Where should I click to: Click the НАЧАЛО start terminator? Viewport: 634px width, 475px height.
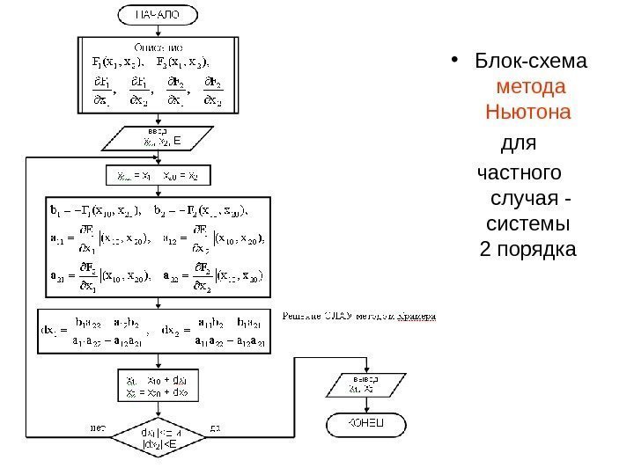click(x=158, y=15)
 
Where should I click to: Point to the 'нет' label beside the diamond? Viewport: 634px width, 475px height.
click(x=98, y=428)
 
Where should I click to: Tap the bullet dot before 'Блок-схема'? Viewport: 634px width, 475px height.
click(x=454, y=62)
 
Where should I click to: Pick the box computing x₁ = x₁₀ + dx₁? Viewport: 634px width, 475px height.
click(x=159, y=385)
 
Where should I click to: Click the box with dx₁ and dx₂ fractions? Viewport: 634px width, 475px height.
click(x=158, y=331)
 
